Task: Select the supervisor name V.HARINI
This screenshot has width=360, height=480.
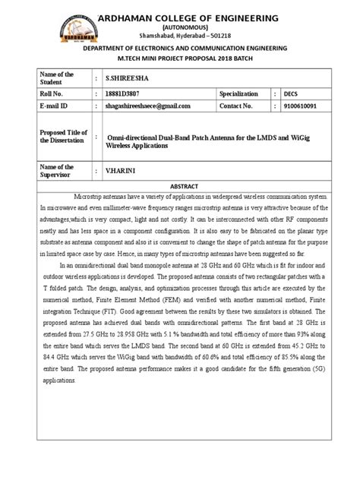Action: (122, 171)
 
